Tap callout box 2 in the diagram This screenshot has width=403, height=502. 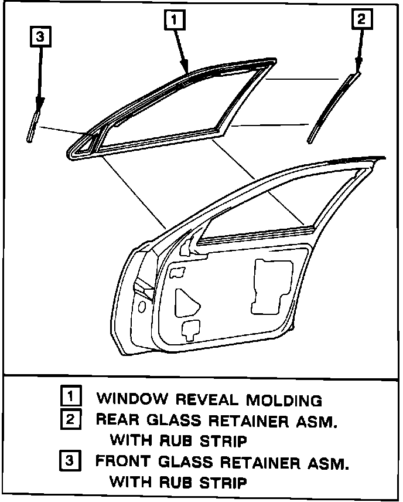[x=361, y=19]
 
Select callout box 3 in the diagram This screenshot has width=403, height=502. [x=39, y=37]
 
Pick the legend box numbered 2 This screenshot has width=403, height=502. [x=70, y=419]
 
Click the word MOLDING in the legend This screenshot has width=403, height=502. [x=284, y=401]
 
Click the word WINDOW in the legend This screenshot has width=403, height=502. [x=130, y=400]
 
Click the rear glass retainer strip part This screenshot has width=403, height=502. [x=331, y=108]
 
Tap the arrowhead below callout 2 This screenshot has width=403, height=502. [x=358, y=68]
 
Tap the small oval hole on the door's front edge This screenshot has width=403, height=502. [x=142, y=307]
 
